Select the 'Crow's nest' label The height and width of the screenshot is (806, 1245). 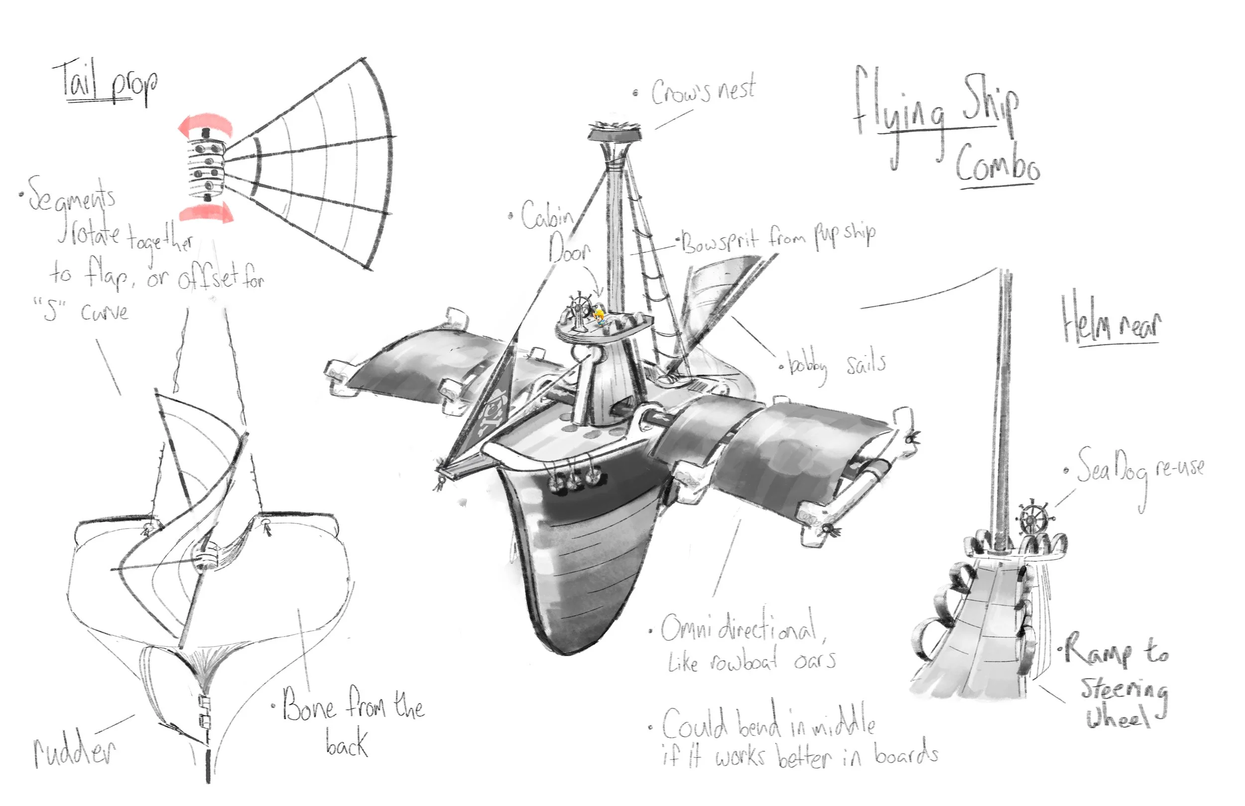coord(704,92)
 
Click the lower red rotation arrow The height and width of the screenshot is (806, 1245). coord(205,212)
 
